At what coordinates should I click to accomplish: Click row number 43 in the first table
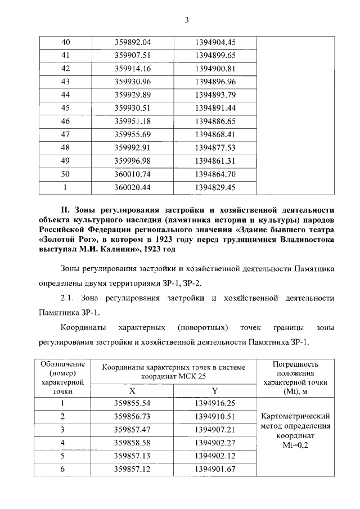point(65,82)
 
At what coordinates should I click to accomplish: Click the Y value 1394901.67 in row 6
point(215,469)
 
